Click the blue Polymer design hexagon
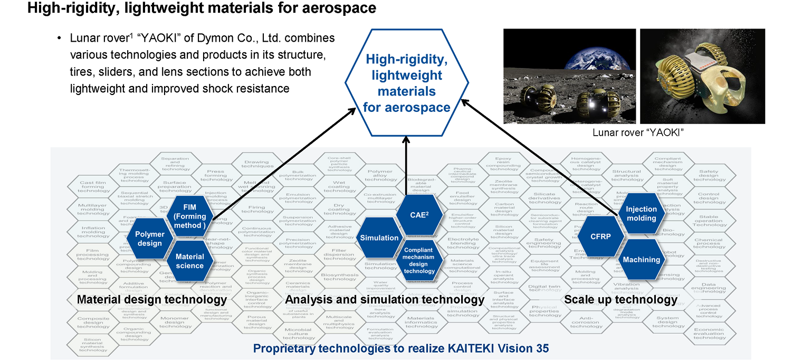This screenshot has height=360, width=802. click(x=149, y=239)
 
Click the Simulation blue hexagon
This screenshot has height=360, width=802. click(x=379, y=238)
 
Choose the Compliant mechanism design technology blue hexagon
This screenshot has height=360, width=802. click(x=420, y=260)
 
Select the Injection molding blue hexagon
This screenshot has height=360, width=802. click(x=641, y=213)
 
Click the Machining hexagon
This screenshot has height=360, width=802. click(x=641, y=260)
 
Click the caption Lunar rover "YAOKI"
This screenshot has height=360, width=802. click(x=638, y=132)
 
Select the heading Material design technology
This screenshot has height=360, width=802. click(x=152, y=300)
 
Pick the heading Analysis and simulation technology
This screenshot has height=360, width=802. click(x=385, y=300)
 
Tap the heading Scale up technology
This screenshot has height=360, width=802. click(x=620, y=300)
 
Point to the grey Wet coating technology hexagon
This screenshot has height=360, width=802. click(x=339, y=187)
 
